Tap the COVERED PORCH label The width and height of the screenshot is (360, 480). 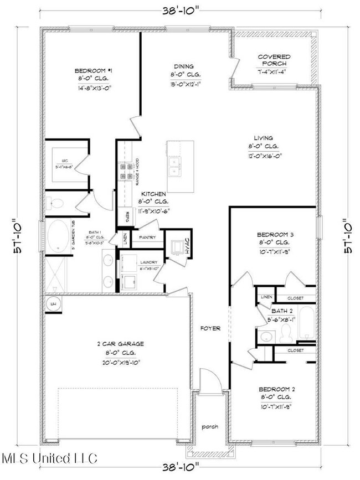[x=274, y=60]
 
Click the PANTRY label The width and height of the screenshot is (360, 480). [x=147, y=238]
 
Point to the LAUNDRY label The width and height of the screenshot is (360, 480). [x=149, y=262]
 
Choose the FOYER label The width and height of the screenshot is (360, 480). [x=210, y=328]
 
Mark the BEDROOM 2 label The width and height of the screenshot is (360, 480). [x=274, y=390]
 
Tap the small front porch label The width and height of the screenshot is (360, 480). [x=210, y=427]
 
